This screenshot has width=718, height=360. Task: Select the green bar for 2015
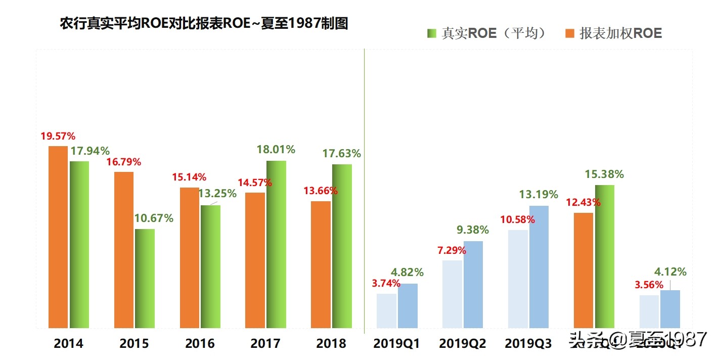click(x=145, y=278)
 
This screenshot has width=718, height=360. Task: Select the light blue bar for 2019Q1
click(x=386, y=310)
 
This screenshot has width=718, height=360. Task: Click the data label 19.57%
click(x=58, y=137)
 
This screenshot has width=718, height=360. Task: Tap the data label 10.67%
click(x=154, y=218)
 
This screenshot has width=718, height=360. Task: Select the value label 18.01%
click(x=276, y=150)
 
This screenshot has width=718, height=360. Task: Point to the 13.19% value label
click(x=538, y=195)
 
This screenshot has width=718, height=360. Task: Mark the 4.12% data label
click(x=670, y=272)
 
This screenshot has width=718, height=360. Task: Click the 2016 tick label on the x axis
click(x=200, y=344)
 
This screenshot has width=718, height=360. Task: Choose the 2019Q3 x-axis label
click(x=528, y=344)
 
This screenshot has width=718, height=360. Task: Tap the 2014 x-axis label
click(x=68, y=344)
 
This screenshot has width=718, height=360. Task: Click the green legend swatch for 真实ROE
click(x=431, y=33)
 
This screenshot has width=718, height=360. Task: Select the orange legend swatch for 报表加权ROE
click(x=570, y=33)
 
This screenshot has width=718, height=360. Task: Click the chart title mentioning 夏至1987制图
click(x=204, y=23)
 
